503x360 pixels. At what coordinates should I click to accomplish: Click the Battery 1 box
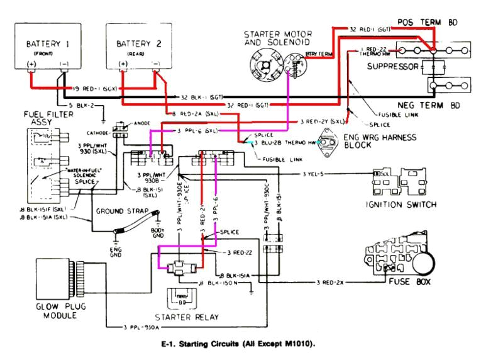[47, 47]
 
